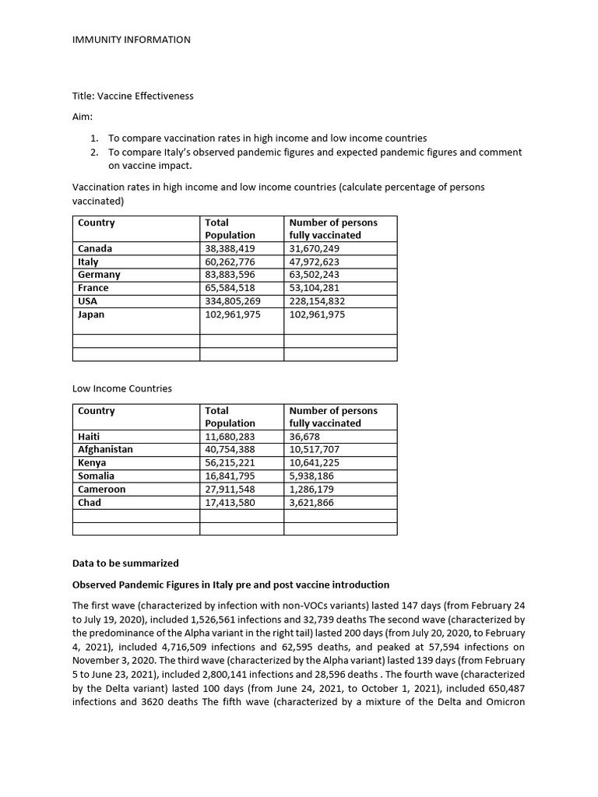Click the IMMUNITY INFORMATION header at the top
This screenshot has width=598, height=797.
pyautogui.click(x=131, y=40)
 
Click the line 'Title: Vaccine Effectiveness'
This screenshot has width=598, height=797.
pyautogui.click(x=132, y=96)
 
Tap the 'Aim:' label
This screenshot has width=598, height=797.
pyautogui.click(x=83, y=116)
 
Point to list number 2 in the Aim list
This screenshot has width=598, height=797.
pyautogui.click(x=94, y=153)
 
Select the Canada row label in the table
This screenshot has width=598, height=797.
pyautogui.click(x=95, y=249)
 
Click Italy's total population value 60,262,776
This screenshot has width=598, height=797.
pyautogui.click(x=230, y=262)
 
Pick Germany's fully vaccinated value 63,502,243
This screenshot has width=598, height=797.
pyautogui.click(x=317, y=275)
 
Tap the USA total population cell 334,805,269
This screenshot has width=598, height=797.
pyautogui.click(x=233, y=301)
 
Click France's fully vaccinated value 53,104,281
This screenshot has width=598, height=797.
pyautogui.click(x=317, y=288)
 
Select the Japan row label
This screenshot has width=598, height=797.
pyautogui.click(x=91, y=314)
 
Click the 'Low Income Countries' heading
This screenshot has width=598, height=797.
pyautogui.click(x=122, y=388)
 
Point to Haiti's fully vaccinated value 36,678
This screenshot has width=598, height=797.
pyautogui.click(x=304, y=437)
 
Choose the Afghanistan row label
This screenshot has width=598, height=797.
pyautogui.click(x=105, y=450)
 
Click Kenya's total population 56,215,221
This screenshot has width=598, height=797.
pyautogui.click(x=230, y=463)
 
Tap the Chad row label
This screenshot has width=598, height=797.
pyautogui.click(x=90, y=503)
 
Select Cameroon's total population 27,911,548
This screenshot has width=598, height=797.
pyautogui.click(x=230, y=490)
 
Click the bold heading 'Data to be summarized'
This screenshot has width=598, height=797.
pyautogui.click(x=125, y=564)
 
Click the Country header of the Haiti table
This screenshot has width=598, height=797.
pyautogui.click(x=97, y=411)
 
